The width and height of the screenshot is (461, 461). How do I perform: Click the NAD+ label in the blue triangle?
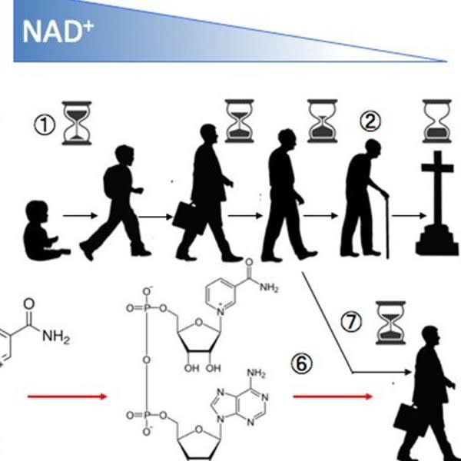coord(58,32)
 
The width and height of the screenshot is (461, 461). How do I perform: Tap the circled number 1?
coord(45,125)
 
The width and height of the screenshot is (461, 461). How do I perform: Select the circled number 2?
coord(370,121)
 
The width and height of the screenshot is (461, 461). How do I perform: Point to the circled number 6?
coord(302,364)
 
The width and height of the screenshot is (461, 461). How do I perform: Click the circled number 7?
coord(351,321)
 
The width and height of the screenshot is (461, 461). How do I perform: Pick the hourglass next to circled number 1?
coord(77,123)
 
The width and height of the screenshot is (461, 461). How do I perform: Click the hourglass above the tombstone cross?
coord(437,121)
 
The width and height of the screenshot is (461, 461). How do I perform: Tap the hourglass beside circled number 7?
coord(391,323)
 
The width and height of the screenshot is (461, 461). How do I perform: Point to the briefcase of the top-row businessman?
coord(188,218)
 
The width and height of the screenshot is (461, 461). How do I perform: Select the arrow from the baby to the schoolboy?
coord(80,216)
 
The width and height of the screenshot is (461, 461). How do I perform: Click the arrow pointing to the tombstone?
coord(409,216)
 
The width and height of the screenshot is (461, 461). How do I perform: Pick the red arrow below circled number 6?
coord(333,396)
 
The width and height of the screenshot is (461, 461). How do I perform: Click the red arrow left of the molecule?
coord(68,396)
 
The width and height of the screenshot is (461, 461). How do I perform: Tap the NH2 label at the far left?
coord(56,337)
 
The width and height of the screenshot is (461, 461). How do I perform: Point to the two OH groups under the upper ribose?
coord(202,368)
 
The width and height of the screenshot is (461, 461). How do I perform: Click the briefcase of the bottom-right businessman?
coord(408,419)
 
